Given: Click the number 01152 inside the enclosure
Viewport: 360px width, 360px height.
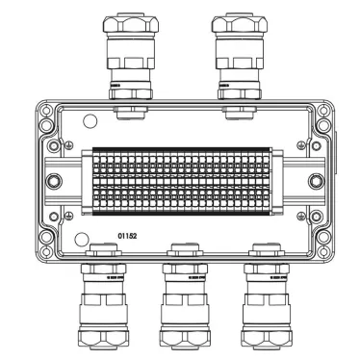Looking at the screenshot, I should tap(128, 233).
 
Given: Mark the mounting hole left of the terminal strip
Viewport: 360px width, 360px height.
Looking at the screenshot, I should tap(53, 180).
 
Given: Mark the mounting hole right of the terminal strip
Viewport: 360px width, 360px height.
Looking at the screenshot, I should tap(309, 180).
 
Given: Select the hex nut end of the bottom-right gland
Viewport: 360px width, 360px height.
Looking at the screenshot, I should tap(263, 337).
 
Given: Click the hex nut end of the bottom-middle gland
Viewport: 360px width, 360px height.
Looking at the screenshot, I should tap(182, 337).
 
